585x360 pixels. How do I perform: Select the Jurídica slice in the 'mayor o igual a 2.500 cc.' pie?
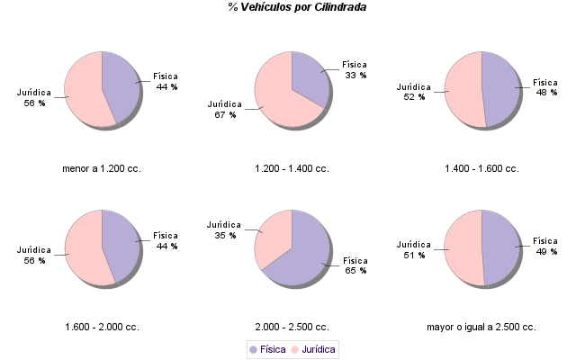[463, 247]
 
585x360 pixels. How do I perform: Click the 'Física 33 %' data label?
[355, 70]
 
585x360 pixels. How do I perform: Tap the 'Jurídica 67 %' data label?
[225, 109]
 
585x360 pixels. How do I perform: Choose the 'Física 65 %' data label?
[355, 265]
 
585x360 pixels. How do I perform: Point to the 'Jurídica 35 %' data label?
[225, 229]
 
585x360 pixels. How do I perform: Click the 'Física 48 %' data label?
[545, 87]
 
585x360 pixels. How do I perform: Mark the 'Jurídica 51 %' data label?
[415, 249]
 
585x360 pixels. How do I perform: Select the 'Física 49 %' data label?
[545, 246]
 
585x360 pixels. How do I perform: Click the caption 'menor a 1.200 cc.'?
[102, 168]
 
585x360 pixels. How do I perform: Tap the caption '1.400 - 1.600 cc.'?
[481, 168]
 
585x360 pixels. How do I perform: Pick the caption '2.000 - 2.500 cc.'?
[292, 327]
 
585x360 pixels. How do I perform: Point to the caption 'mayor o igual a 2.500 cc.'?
[481, 327]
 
